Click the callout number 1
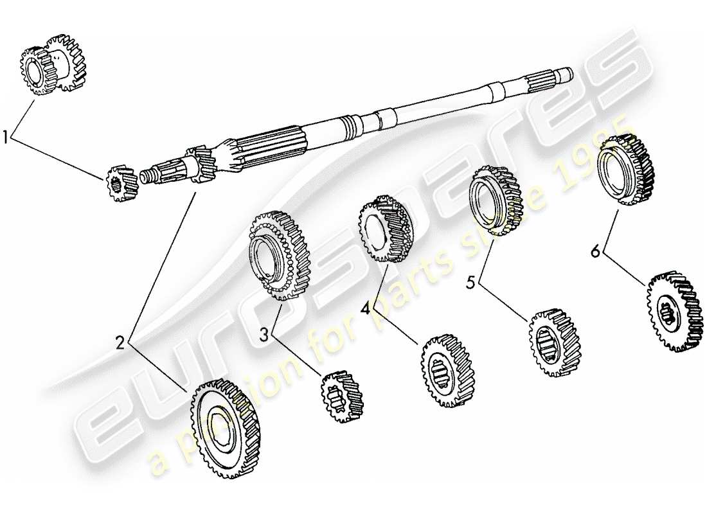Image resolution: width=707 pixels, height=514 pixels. pos(6,137)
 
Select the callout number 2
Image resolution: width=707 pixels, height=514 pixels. pos(120,344)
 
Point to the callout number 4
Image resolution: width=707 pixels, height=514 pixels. pos(366,308)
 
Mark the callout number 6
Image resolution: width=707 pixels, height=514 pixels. pos(595,251)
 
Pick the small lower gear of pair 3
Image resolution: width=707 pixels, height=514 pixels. pos(342,396)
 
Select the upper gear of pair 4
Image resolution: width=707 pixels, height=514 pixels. pos(384,229)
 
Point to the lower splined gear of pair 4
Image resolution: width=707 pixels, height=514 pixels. pos(447,371)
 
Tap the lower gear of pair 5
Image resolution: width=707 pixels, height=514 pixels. pos(554,342)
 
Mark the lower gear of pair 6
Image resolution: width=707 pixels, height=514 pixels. pos(674,312)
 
